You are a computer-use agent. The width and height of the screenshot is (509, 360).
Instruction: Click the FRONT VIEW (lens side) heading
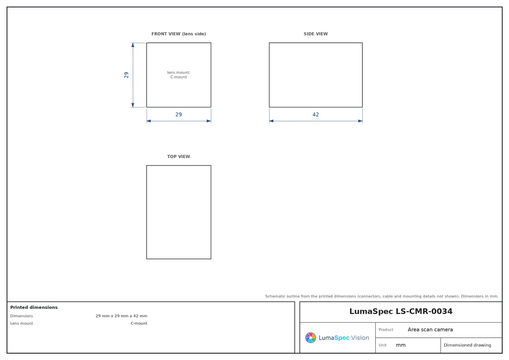point(178,34)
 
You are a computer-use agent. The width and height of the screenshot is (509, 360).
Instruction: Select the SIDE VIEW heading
point(316,34)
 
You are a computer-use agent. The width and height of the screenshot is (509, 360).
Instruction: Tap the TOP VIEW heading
point(178,157)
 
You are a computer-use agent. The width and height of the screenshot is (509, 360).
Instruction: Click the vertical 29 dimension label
point(126,75)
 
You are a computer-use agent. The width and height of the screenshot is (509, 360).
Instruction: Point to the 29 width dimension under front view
point(178,114)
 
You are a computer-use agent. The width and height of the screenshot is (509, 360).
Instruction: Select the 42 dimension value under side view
point(316,114)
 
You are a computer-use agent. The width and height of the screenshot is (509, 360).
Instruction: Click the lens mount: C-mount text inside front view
point(178,75)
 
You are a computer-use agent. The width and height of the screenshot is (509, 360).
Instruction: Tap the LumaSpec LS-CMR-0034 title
point(401,311)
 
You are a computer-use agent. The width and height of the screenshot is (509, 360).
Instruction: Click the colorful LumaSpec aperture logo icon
point(311,338)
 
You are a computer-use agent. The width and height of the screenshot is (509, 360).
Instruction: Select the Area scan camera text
point(430,330)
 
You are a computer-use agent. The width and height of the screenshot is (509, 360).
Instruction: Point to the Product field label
point(386,330)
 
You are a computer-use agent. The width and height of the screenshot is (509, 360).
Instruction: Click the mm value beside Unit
point(401,345)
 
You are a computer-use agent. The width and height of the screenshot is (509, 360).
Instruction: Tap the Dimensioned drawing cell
point(467,345)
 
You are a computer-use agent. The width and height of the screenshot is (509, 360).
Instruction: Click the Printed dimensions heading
point(34,307)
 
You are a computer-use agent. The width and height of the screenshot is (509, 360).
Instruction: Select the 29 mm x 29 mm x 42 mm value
point(121,316)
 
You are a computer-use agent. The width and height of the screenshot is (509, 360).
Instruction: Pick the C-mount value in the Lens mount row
point(139,323)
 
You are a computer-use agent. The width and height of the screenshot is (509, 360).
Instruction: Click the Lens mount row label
point(21,323)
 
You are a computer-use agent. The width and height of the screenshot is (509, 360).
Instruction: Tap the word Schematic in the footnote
point(275,296)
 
